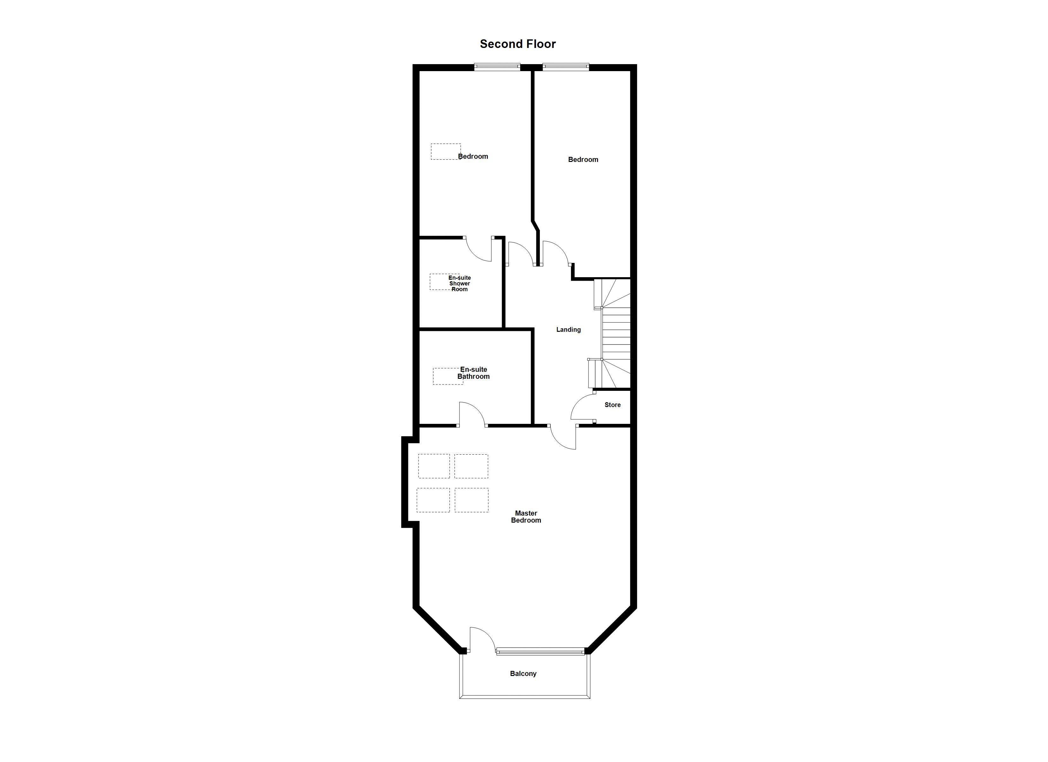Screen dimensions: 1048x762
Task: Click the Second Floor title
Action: (518, 44)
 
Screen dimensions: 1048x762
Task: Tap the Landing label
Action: (568, 330)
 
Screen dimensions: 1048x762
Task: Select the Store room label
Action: (613, 405)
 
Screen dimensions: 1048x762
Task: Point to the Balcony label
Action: (523, 674)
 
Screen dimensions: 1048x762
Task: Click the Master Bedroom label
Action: (526, 517)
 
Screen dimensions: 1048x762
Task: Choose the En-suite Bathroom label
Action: (474, 373)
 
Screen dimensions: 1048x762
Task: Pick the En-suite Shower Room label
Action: (460, 283)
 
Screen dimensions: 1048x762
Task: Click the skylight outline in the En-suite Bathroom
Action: (448, 376)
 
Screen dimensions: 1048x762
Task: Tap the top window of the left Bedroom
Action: (497, 67)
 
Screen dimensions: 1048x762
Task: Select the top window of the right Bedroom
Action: (566, 67)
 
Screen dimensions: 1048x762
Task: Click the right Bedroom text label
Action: (583, 159)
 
